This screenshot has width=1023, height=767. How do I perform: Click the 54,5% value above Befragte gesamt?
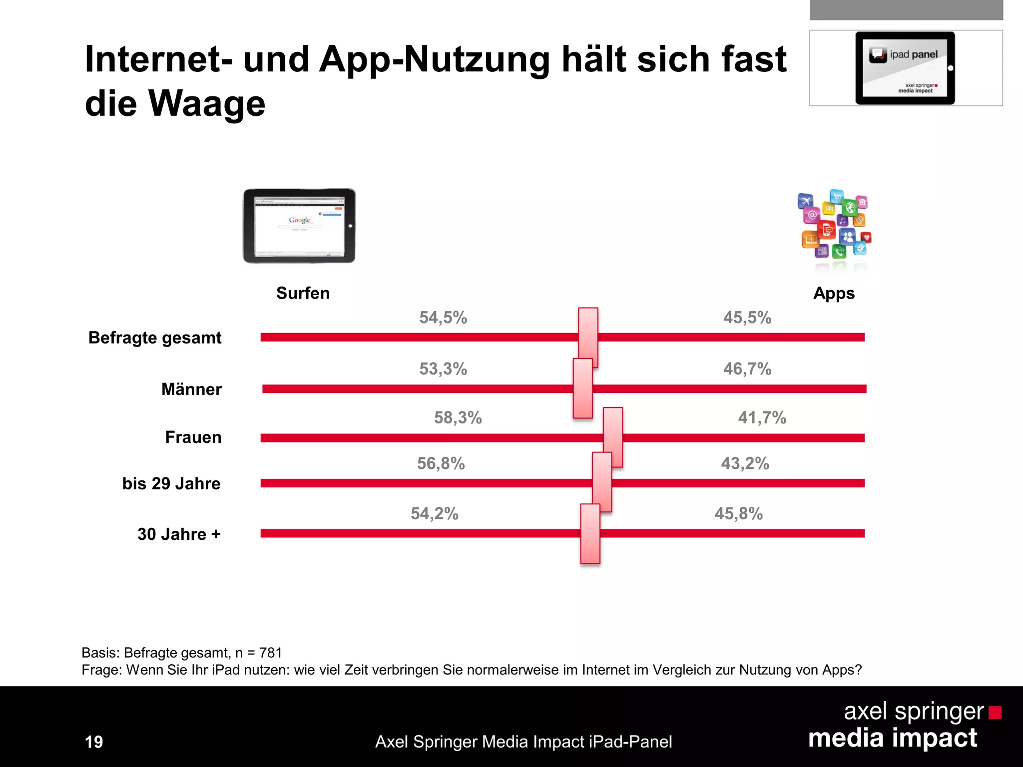click(x=443, y=318)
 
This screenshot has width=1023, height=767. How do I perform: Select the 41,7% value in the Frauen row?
click(x=762, y=417)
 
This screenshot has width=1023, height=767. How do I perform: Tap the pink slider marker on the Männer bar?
click(x=582, y=388)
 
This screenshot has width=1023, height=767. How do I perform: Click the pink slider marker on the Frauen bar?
click(x=613, y=437)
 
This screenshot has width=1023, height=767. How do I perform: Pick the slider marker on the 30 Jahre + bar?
click(x=590, y=534)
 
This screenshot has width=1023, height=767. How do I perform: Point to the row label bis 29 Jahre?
click(x=171, y=483)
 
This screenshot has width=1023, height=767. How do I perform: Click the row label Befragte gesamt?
click(x=155, y=338)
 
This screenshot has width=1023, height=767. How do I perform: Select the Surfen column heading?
click(x=303, y=293)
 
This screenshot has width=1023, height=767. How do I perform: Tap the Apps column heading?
click(x=834, y=293)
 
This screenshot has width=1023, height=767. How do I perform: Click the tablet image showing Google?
click(x=299, y=226)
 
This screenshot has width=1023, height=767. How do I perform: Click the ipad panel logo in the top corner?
click(x=905, y=68)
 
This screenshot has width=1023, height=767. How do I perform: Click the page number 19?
click(x=94, y=742)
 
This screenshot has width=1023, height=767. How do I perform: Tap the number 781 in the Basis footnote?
click(x=271, y=653)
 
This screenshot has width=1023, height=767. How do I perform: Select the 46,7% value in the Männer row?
click(x=747, y=369)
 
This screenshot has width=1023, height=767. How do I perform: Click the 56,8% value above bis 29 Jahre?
click(x=441, y=463)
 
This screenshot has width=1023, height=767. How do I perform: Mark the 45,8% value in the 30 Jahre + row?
click(x=738, y=513)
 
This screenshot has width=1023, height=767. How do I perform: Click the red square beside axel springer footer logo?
click(x=995, y=713)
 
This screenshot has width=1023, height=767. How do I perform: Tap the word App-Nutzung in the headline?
click(x=434, y=59)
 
